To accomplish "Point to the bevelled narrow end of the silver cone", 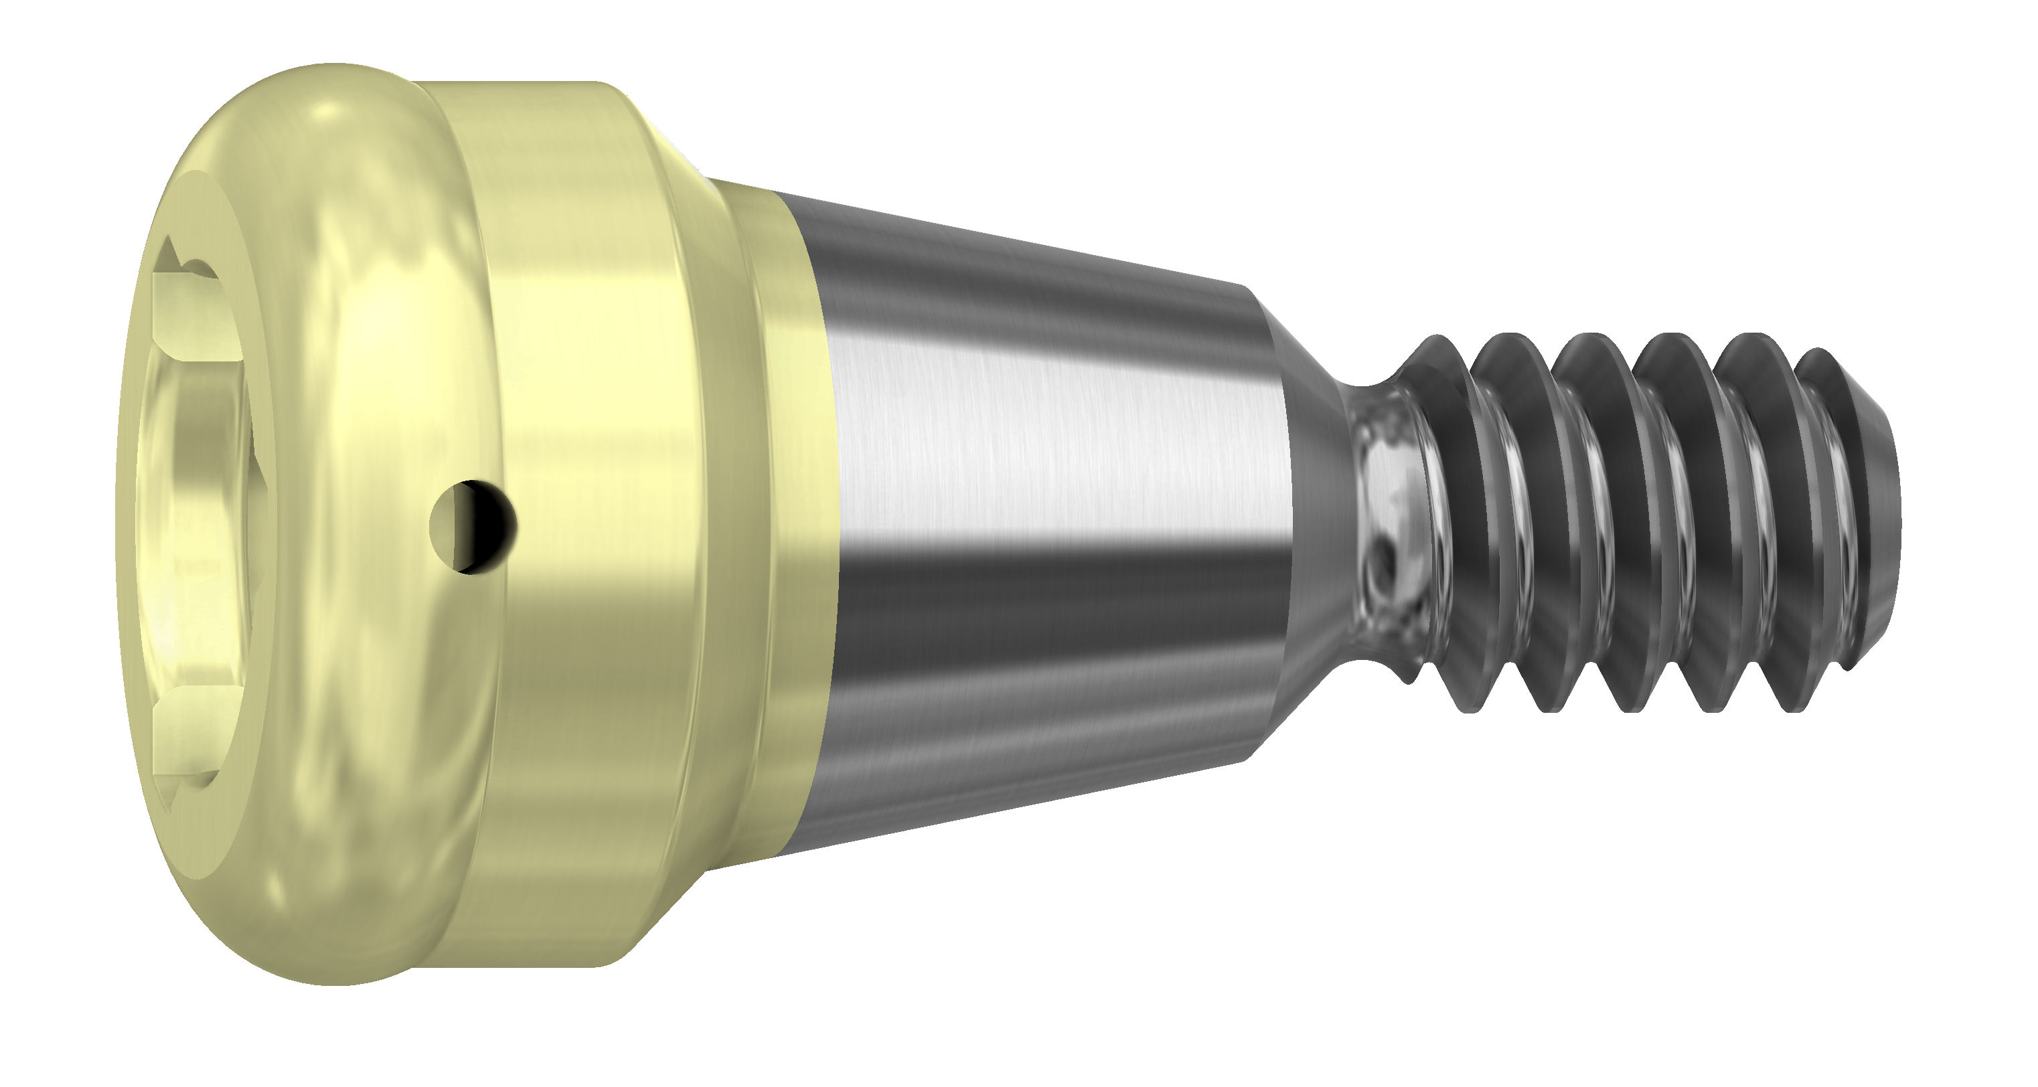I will [1273, 514].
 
